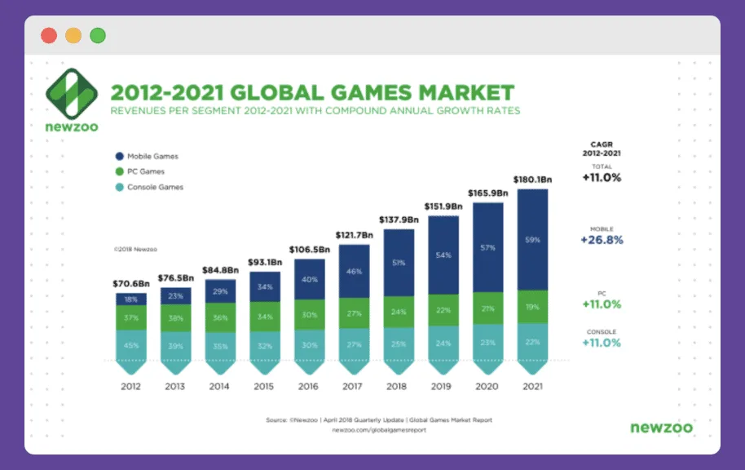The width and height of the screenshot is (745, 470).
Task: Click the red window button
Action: (x=49, y=36)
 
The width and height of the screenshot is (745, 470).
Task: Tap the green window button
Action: (x=98, y=36)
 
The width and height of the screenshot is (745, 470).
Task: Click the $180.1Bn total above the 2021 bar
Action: (x=532, y=180)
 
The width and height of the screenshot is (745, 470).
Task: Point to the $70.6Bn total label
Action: (x=130, y=284)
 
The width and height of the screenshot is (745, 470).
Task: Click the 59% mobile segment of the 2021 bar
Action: (x=532, y=240)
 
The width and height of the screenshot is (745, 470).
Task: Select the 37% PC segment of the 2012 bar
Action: (x=130, y=317)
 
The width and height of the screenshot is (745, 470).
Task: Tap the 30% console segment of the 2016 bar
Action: (x=309, y=344)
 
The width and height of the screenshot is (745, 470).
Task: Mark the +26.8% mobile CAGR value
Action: (x=601, y=241)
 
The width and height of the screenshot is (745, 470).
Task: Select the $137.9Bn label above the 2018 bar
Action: (x=399, y=219)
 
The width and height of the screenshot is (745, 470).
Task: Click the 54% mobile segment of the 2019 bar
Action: (x=443, y=255)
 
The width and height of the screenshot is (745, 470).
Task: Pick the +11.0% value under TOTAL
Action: (x=601, y=177)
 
